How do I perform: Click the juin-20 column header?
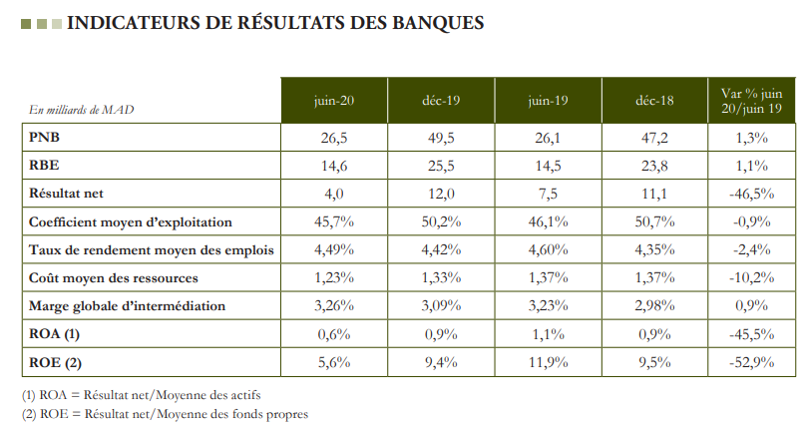pyautogui.click(x=332, y=101)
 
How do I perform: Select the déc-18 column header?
pyautogui.click(x=653, y=101)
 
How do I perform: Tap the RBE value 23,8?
pyautogui.click(x=653, y=166)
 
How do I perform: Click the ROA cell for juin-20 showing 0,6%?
pyautogui.click(x=332, y=335)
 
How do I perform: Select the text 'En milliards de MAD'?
pyautogui.click(x=81, y=110)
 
